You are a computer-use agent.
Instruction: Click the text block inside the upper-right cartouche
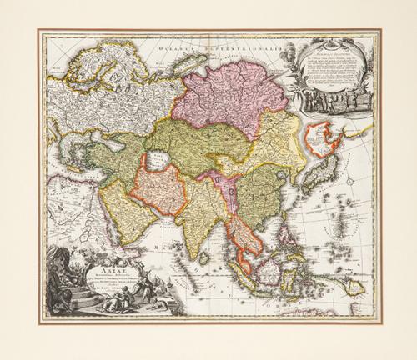(x=334, y=62)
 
